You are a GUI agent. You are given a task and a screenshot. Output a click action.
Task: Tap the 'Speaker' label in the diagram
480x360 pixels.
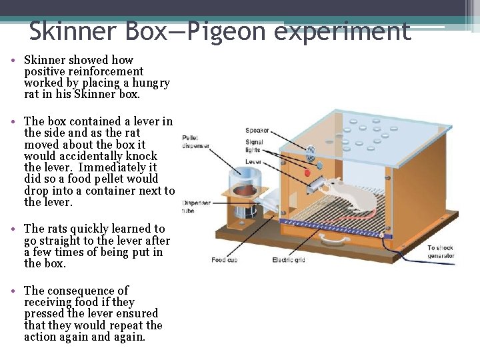tap(257, 131)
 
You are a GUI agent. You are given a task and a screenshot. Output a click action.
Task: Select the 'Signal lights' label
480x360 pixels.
tap(254, 146)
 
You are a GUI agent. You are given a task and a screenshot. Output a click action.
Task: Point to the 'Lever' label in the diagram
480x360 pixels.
tap(253, 161)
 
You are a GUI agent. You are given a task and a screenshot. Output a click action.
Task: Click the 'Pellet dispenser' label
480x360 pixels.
tap(195, 142)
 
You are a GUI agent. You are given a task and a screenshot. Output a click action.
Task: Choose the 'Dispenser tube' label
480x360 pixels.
tap(197, 206)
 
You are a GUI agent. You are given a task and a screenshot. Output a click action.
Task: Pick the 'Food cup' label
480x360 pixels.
tap(224, 259)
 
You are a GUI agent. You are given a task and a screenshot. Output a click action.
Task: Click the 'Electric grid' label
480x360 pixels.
tap(288, 259)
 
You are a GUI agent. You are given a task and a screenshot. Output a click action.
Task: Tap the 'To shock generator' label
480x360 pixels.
tap(441, 252)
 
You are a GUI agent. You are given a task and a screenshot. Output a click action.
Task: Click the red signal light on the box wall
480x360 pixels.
tap(307, 173)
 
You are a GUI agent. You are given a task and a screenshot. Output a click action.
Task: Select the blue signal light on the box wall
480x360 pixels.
tap(319, 165)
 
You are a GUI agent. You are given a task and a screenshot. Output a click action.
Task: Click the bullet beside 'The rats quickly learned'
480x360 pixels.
tap(14, 229)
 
